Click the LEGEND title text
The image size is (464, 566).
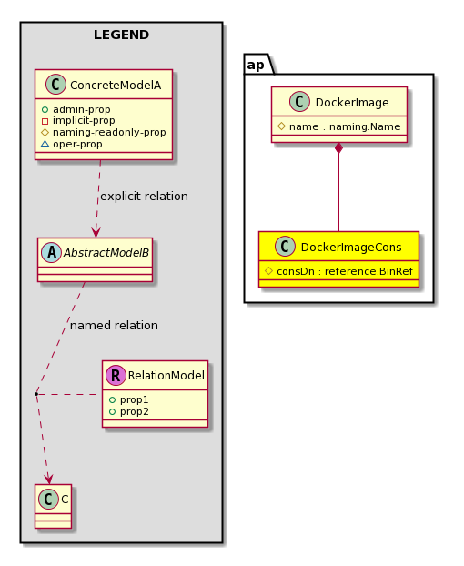click(x=121, y=35)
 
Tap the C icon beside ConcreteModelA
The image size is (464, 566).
click(x=55, y=85)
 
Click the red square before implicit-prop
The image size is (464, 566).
click(x=45, y=121)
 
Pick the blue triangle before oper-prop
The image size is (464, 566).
click(x=45, y=144)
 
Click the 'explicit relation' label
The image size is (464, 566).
click(x=144, y=197)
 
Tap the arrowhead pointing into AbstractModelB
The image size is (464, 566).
click(x=96, y=232)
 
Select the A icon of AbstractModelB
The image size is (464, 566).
click(x=52, y=252)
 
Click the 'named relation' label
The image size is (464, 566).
click(x=114, y=326)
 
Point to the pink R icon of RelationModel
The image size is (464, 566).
click(x=116, y=376)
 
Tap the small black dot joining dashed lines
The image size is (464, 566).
click(x=36, y=394)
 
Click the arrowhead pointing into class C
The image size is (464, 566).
click(x=48, y=479)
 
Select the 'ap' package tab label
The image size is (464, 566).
click(x=256, y=65)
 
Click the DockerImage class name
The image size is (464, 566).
click(x=352, y=103)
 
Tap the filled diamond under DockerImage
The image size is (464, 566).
click(x=338, y=148)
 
